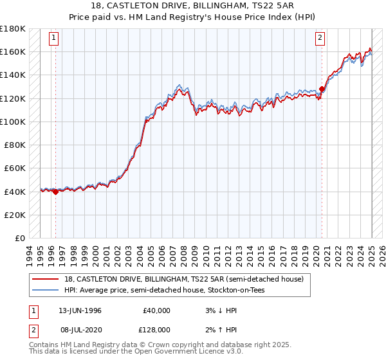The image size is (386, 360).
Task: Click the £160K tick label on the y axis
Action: (13, 51)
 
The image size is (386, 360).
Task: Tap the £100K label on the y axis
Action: (13, 122)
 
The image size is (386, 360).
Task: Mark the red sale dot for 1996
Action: (55, 191)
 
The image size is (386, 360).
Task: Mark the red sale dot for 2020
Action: (322, 89)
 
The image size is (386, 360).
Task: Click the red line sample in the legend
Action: (45, 278)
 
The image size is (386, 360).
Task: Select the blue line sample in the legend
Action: (45, 290)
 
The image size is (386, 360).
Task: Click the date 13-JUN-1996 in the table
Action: (80, 310)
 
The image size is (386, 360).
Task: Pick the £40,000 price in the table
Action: (156, 310)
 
